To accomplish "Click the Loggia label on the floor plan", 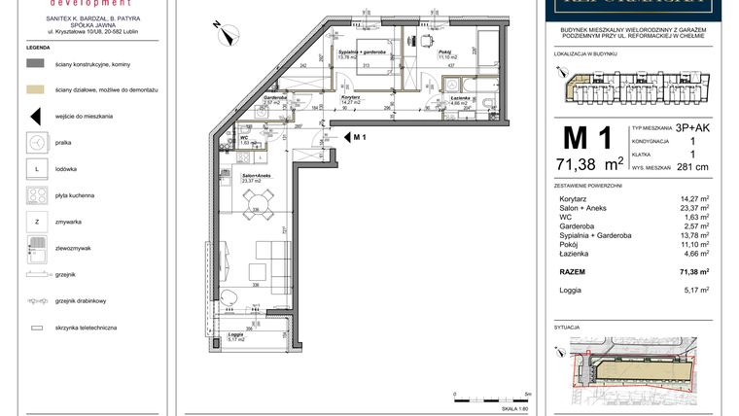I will point(235,335).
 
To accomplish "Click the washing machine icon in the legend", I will point(36,142).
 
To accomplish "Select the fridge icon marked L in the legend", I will point(36,168).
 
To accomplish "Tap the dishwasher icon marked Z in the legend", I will point(36,222).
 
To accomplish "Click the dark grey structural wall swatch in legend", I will point(36,62).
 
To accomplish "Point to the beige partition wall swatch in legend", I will point(36,88).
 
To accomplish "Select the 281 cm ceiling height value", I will point(688,167).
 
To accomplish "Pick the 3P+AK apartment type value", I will point(692,127).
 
